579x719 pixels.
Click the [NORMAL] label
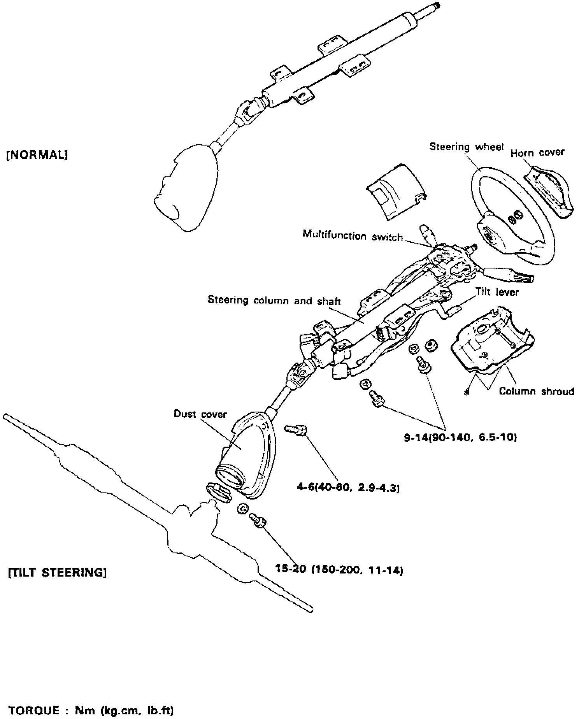tap(37, 155)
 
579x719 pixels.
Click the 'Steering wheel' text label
tap(466, 147)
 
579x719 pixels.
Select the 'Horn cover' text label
tap(537, 153)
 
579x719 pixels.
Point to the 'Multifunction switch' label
tap(353, 236)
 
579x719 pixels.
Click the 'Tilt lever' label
tap(497, 292)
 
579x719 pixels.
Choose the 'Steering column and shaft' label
tap(274, 301)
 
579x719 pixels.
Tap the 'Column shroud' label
tap(536, 391)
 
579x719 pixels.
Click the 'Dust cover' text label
tap(200, 414)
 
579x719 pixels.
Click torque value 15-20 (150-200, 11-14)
tap(339, 570)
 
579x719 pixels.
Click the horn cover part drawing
tap(549, 191)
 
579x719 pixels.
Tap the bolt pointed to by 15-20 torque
tap(257, 519)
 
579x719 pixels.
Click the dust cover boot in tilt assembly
tap(245, 455)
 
